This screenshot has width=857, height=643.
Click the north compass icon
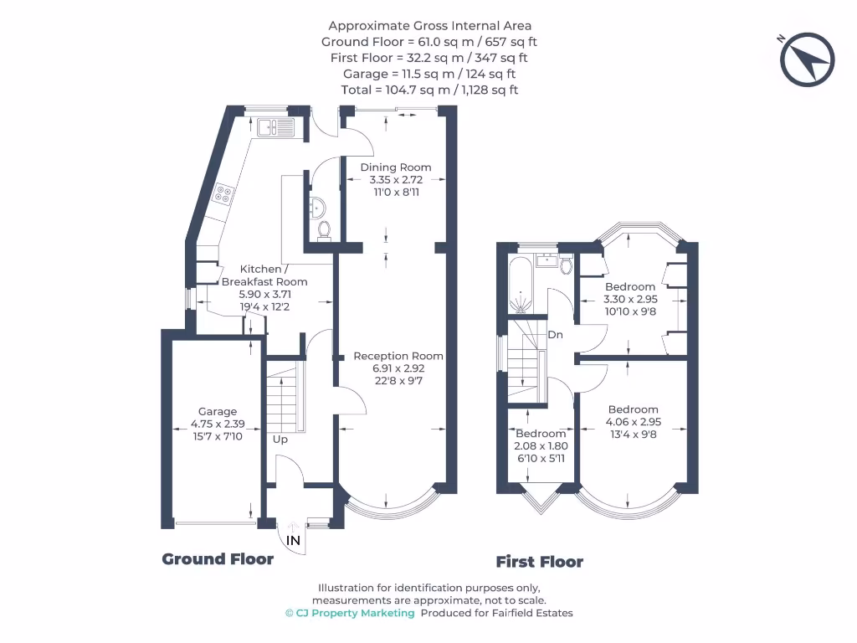coord(808,59)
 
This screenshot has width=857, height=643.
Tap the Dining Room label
coord(396,167)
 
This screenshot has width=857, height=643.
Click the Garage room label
coord(217,411)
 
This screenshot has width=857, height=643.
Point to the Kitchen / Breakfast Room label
coord(264,275)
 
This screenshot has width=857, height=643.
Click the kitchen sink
coord(276,127)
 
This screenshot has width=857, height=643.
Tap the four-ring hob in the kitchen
coord(224,194)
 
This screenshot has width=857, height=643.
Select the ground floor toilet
coord(325,228)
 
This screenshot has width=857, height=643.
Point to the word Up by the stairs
coord(280,439)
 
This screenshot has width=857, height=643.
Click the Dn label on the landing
coord(555,335)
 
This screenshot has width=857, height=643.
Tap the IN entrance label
coord(293,541)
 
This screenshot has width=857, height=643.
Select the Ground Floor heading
coord(218,559)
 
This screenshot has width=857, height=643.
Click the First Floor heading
coord(539,562)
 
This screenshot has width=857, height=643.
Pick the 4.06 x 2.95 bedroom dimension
coord(633,422)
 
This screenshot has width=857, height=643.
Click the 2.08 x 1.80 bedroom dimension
coord(540,446)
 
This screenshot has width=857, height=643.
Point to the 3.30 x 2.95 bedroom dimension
coord(631,299)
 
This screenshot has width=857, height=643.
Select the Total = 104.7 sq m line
coord(429,90)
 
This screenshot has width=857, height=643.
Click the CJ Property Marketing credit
coord(350,613)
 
